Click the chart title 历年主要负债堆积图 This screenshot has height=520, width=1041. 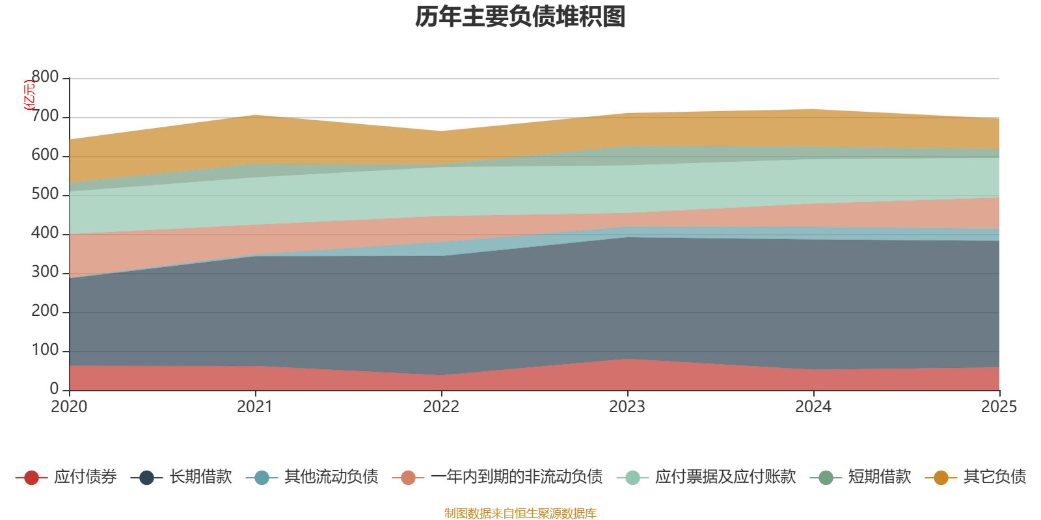coord(520,17)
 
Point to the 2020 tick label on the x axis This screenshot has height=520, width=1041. coord(69,407)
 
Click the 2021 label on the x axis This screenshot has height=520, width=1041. coord(255,407)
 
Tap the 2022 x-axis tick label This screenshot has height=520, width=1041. coord(441,407)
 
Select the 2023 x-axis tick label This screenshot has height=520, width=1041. coord(627,407)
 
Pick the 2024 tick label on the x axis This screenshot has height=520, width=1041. coord(813,407)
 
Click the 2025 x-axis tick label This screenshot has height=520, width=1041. coord(999,407)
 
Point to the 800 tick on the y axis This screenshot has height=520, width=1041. coord(46,77)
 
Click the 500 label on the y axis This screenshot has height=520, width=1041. coord(46,194)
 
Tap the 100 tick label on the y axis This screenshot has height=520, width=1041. coord(46,350)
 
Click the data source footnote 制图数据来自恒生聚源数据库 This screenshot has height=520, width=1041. coord(520,513)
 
